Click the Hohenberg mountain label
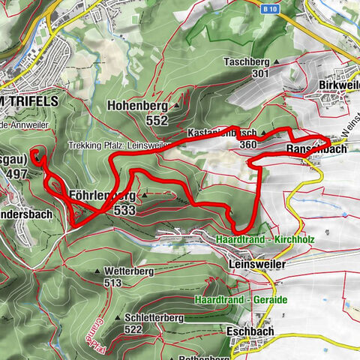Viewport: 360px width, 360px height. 137,106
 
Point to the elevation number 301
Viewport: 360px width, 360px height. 260,73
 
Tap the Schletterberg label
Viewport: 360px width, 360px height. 150,318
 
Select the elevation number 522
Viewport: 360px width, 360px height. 133,329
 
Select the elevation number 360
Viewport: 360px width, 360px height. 249,144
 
